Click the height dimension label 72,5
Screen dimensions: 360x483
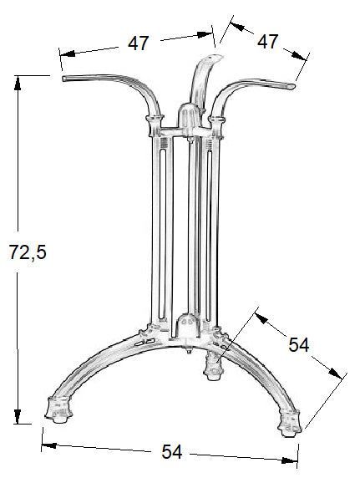point(28,252)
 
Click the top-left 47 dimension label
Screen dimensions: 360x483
point(139,43)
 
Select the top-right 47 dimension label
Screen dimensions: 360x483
point(267,41)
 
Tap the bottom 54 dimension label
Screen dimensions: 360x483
point(172,451)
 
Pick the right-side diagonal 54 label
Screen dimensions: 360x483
point(298,344)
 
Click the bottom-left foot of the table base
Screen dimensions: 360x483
point(58,409)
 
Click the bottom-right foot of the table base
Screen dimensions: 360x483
point(290,423)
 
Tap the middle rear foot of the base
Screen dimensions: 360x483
point(213,367)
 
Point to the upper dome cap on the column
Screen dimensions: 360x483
point(189,119)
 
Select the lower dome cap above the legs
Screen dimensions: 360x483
point(188,327)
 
